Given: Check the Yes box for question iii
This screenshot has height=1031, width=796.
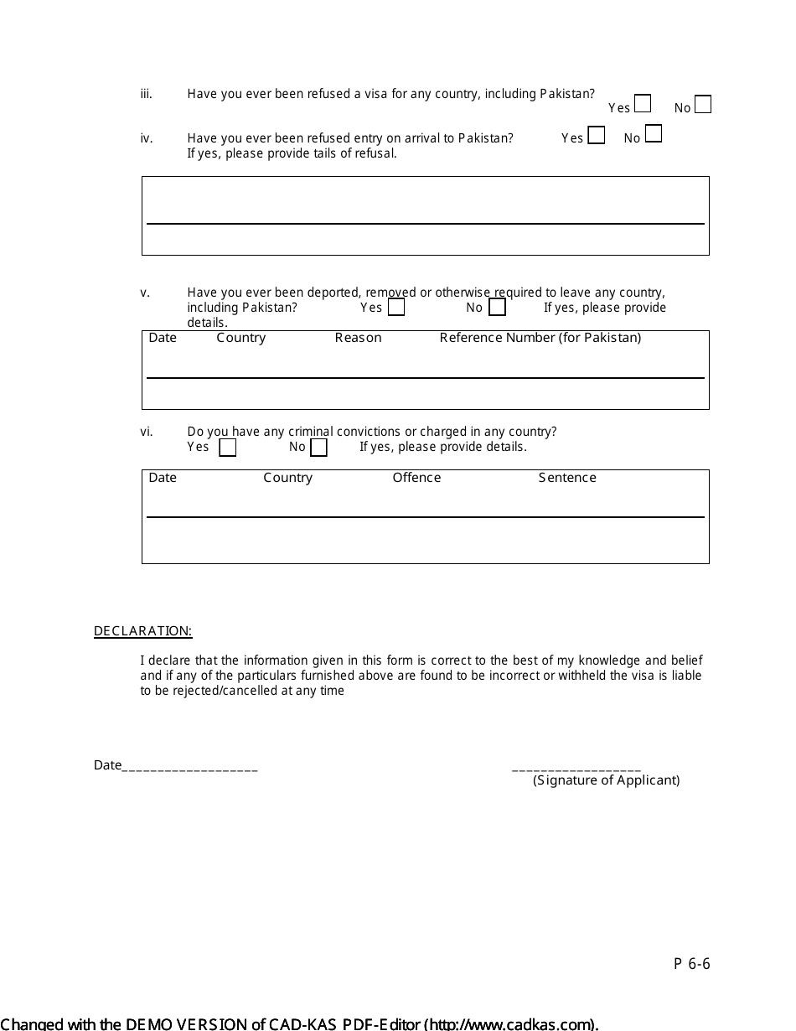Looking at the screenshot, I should (643, 104).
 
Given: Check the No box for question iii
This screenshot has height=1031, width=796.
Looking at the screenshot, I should (703, 105).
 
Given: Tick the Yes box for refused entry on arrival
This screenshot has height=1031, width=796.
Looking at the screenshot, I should (597, 135).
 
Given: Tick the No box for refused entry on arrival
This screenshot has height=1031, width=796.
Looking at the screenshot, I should (654, 134).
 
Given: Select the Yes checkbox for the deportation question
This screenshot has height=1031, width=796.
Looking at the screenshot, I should (396, 308).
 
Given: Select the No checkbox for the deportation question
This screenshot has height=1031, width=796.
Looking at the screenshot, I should (497, 308).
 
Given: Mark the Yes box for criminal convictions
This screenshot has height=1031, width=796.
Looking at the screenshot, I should (228, 448).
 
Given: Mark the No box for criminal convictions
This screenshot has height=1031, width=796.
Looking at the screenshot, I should (318, 448).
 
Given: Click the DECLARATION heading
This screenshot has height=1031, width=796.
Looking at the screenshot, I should (142, 631).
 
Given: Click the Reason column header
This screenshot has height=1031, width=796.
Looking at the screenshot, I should (358, 338).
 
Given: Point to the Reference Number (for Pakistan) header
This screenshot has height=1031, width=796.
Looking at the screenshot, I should (540, 338).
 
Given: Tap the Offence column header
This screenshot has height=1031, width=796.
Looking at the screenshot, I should (416, 478).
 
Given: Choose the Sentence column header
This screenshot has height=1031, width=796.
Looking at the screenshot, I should (567, 478).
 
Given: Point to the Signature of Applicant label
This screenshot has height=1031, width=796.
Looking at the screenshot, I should (606, 780).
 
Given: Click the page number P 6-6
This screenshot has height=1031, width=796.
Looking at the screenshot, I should (692, 964).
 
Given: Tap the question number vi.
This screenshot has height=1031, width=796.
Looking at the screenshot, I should (147, 433).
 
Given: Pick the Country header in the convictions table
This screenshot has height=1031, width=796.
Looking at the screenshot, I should (287, 478).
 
